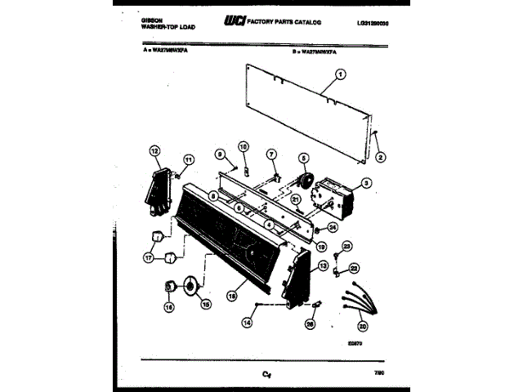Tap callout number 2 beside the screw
click(379, 157)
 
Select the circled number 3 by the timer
click(367, 183)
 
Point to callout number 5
click(302, 158)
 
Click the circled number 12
click(154, 149)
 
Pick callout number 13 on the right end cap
click(323, 265)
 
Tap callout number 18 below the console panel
click(233, 298)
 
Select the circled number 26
click(310, 324)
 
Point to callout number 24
click(333, 228)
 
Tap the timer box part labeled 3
click(335, 196)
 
